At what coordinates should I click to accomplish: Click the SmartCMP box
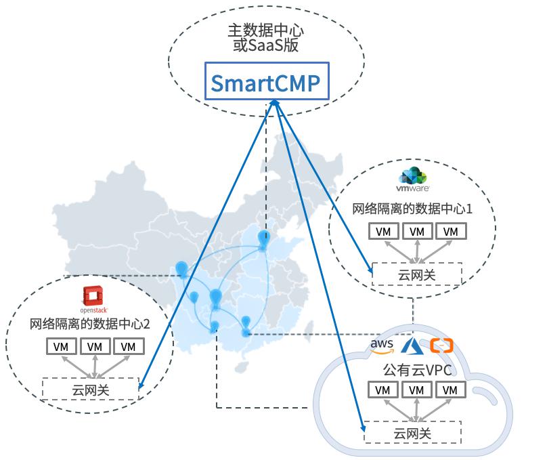point(267,81)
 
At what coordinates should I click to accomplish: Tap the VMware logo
point(413,180)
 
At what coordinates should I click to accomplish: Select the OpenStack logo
point(93,299)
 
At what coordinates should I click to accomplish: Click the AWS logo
point(382,346)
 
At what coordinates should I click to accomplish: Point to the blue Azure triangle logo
point(412,346)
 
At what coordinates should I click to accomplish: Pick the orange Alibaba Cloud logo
point(441,346)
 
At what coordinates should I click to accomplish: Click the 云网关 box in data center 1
point(417,274)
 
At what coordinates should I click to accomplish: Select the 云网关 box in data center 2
point(91,389)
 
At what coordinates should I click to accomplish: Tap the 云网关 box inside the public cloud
point(413,432)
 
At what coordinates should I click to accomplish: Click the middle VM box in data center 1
point(417,232)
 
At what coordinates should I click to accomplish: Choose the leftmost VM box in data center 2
point(61,346)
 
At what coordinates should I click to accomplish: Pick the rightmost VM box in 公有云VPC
point(450,390)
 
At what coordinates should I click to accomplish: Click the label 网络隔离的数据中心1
point(412,209)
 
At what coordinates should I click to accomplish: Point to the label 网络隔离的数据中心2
point(89,324)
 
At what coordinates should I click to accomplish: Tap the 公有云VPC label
point(418,371)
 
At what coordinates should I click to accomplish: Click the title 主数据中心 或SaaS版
point(266,38)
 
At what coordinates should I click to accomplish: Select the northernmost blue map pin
point(264,239)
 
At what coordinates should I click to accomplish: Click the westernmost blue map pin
point(181,270)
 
